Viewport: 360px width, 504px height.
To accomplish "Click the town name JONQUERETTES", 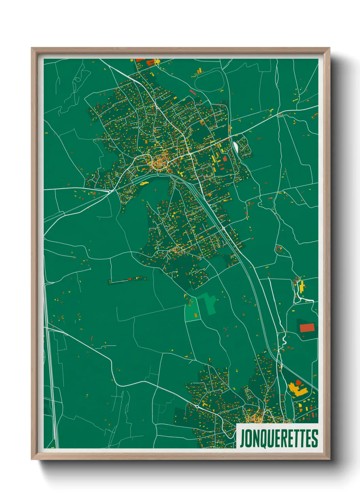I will [x=279, y=438].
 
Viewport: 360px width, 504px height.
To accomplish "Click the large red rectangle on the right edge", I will [x=307, y=328].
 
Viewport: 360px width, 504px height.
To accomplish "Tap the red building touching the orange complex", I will [x=299, y=382].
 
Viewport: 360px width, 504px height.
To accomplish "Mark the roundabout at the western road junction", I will [x=110, y=191].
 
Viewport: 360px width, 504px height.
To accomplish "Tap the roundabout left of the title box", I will [x=197, y=406].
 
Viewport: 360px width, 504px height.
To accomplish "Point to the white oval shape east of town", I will [x=235, y=147].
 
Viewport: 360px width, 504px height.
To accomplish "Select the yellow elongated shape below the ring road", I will [x=144, y=183].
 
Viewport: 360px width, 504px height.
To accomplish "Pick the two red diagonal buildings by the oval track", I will [x=193, y=92].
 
